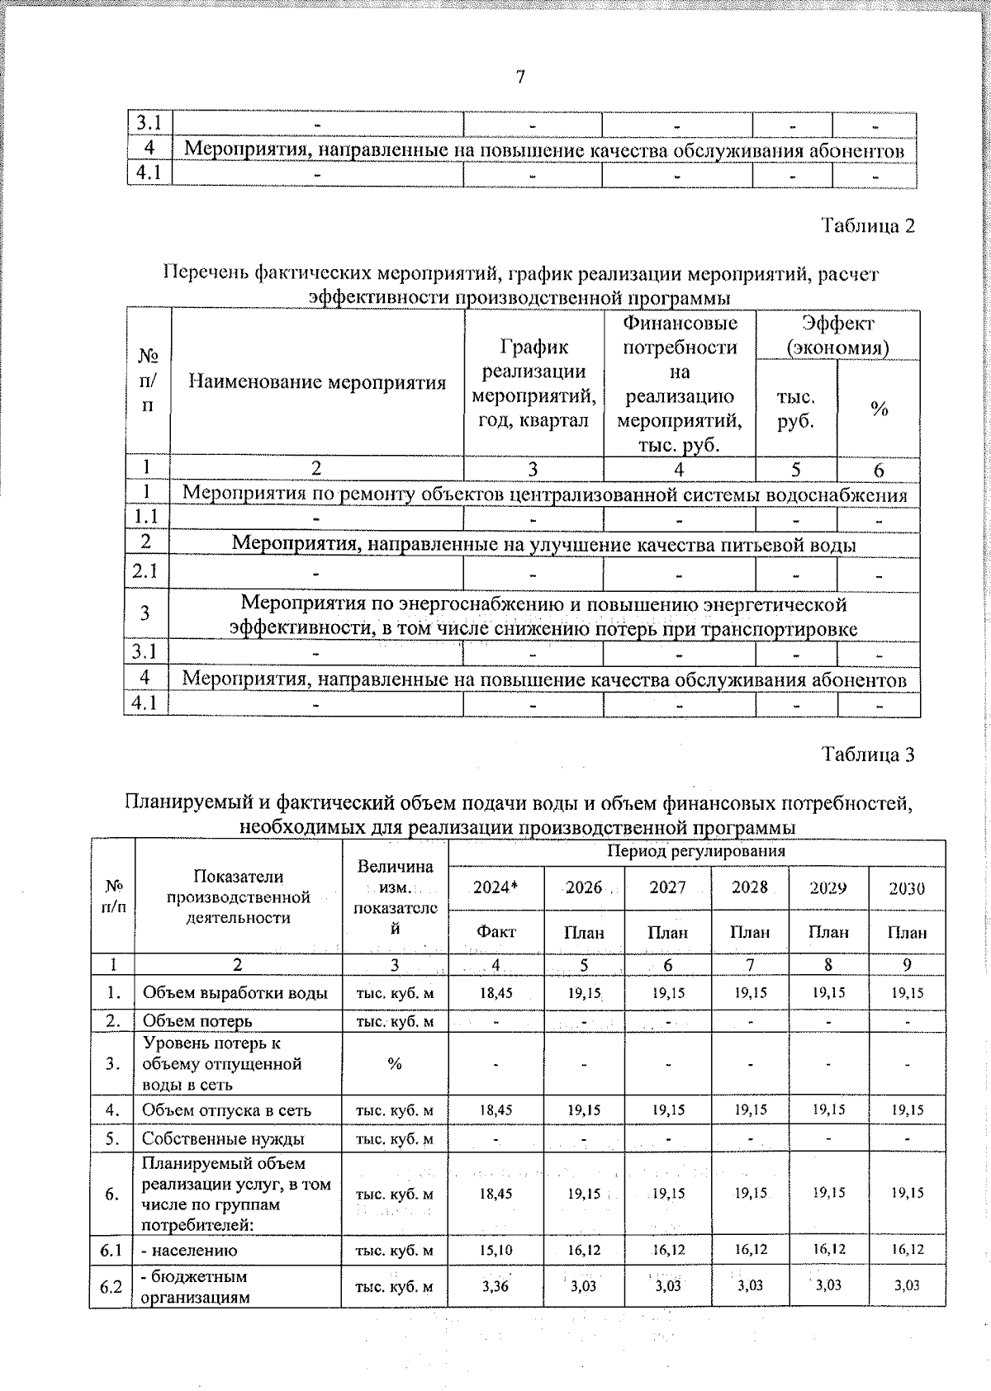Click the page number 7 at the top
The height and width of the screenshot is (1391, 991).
click(520, 78)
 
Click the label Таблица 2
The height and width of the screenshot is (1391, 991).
click(868, 226)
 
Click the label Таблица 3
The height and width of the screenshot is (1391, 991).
click(868, 755)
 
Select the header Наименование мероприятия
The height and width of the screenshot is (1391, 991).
click(317, 381)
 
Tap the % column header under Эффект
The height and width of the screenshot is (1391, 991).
click(879, 409)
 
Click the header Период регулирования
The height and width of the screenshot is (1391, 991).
click(696, 851)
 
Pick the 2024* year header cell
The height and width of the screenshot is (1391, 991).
click(495, 888)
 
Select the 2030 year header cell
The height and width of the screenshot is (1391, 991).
click(907, 888)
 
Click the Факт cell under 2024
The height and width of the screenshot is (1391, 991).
click(495, 932)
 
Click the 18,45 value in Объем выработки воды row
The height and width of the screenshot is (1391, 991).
click(495, 993)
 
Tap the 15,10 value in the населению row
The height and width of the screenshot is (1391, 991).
click(495, 1251)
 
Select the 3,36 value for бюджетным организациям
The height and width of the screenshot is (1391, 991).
click(495, 1286)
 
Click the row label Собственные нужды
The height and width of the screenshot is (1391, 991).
click(223, 1139)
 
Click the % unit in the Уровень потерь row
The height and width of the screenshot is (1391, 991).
click(395, 1064)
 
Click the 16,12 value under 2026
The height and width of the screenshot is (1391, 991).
click(584, 1251)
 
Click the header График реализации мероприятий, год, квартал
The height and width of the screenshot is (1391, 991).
click(533, 383)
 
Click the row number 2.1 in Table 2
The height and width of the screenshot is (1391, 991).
click(146, 571)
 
